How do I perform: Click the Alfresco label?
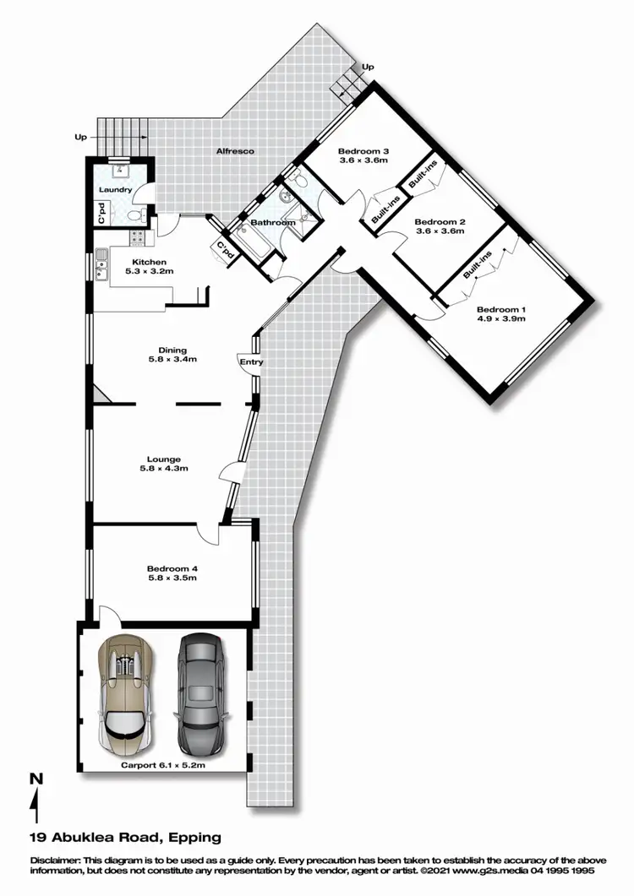(235, 151)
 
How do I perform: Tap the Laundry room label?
(115, 190)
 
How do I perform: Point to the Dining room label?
(172, 350)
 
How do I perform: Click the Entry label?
(252, 362)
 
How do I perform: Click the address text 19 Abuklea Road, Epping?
(124, 838)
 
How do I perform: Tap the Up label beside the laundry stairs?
(81, 136)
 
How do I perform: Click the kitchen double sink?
(101, 263)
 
